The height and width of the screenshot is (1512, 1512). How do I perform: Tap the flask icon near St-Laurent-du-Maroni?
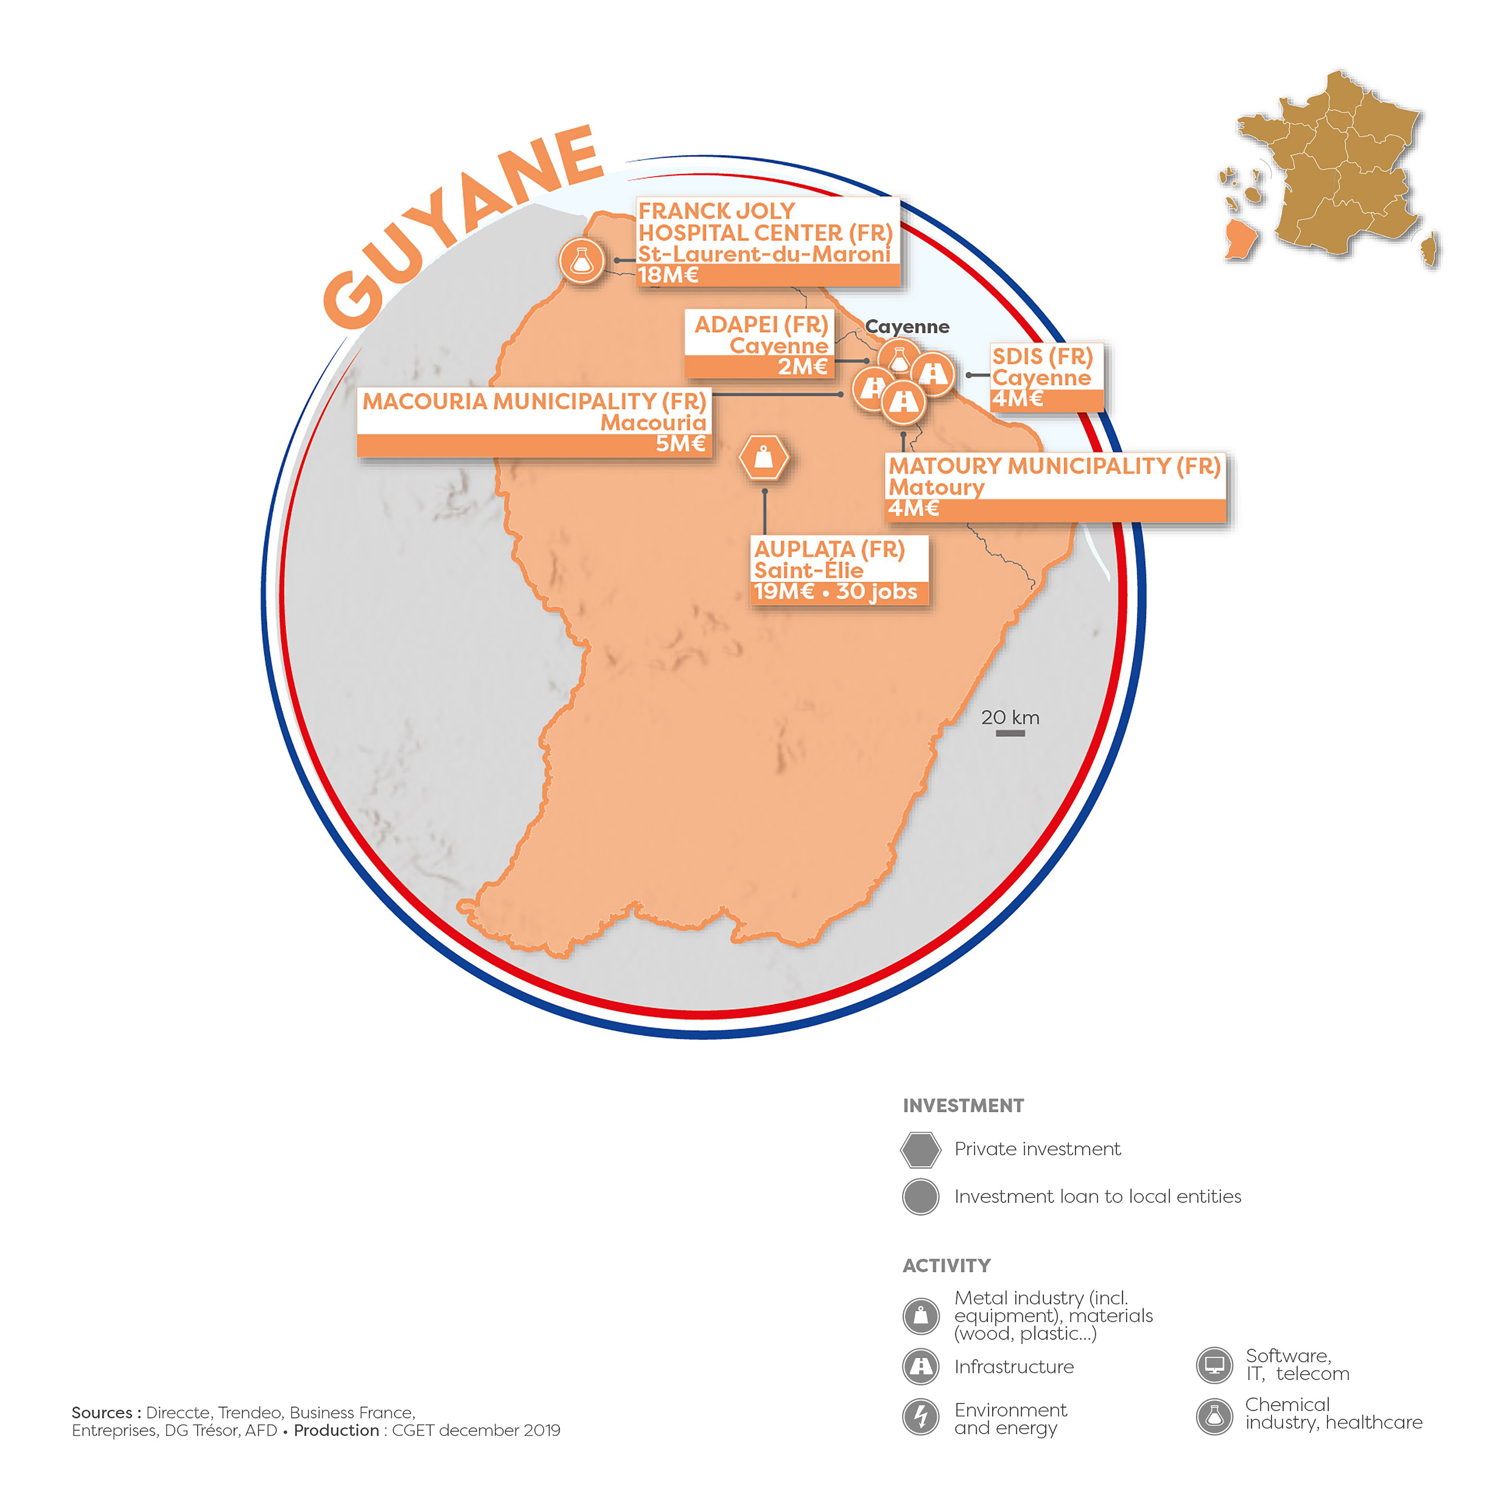click(582, 261)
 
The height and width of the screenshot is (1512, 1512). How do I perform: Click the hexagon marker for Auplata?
click(764, 458)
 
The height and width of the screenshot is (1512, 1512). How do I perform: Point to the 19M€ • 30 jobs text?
click(835, 592)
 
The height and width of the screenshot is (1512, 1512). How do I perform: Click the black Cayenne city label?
click(907, 327)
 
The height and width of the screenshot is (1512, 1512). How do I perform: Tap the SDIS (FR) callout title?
click(1042, 357)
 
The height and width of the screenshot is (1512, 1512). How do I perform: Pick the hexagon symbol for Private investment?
click(920, 1150)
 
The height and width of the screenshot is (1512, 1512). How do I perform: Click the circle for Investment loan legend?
click(920, 1197)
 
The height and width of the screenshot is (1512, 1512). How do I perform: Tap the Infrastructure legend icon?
click(920, 1366)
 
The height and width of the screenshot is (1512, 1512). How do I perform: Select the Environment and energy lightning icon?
click(920, 1417)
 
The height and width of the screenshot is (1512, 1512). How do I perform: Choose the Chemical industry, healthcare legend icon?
click(1214, 1416)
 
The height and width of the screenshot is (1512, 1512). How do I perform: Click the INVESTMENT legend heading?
click(963, 1106)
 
